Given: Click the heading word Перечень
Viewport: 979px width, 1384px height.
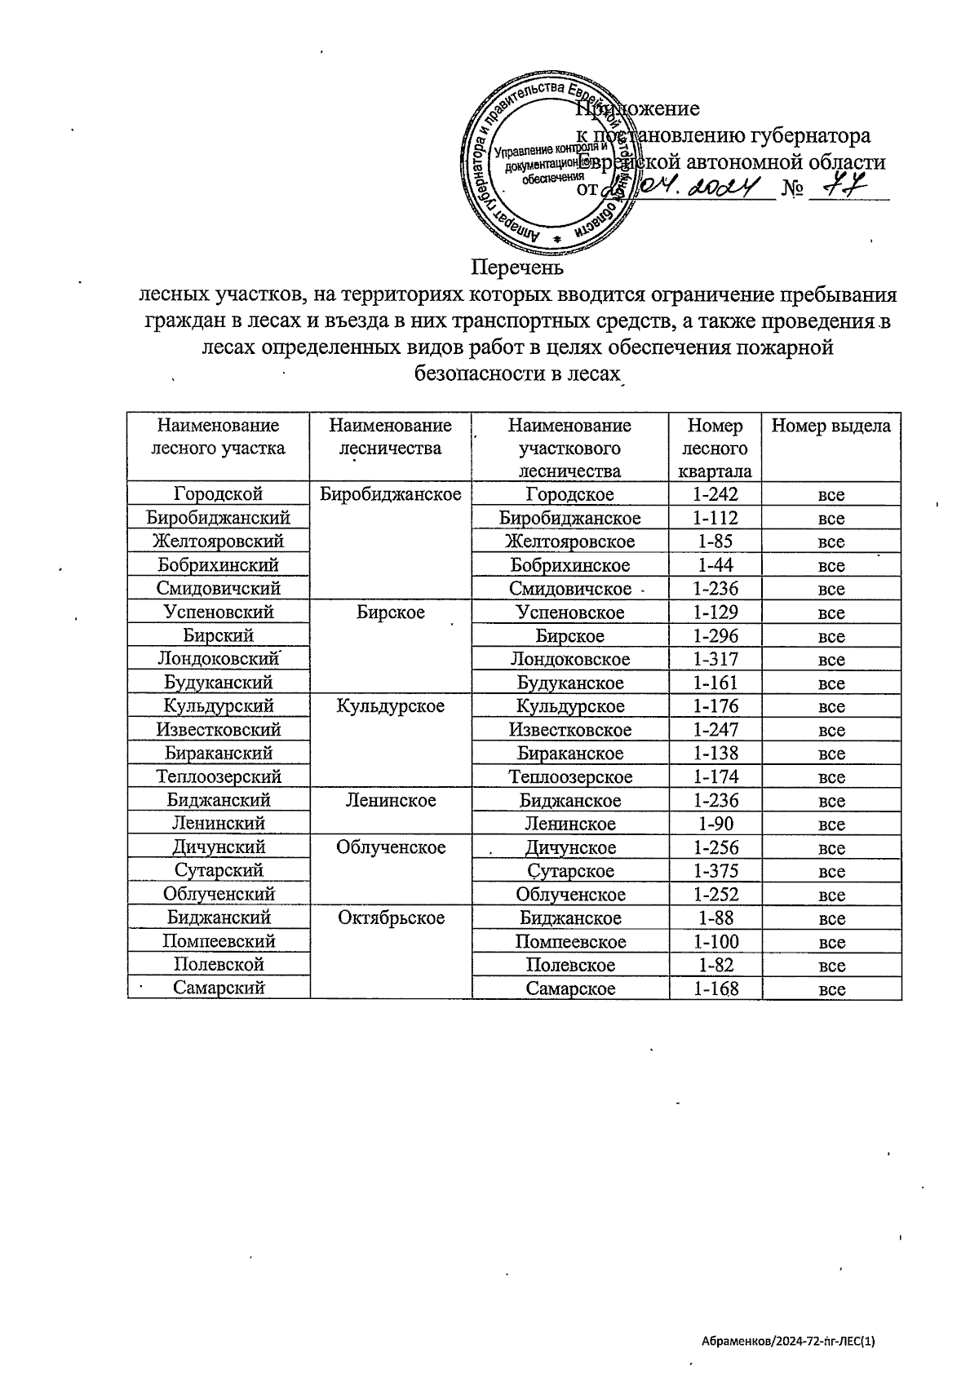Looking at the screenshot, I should [x=518, y=268].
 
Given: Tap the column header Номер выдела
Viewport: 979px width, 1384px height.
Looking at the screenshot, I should [x=831, y=426].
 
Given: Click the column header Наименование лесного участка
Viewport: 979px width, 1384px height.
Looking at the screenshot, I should [x=218, y=436].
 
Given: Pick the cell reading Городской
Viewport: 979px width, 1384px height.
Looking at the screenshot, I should [x=218, y=494].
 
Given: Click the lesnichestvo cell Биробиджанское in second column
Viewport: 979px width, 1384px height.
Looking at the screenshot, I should [x=390, y=494].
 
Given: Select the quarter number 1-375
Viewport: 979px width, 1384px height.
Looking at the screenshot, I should [x=715, y=871].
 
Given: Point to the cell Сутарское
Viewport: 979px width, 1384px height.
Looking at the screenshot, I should [x=570, y=871].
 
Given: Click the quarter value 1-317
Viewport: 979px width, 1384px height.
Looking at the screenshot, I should [x=715, y=659].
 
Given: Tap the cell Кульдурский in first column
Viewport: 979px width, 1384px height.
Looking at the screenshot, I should [x=218, y=706].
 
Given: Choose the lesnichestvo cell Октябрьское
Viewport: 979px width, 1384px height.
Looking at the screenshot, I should [x=390, y=918].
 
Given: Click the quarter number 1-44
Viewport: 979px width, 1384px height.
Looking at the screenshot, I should [x=715, y=565].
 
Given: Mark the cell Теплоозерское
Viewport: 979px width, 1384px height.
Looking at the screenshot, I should [x=570, y=777].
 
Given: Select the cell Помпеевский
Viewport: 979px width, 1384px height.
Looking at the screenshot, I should [x=218, y=942].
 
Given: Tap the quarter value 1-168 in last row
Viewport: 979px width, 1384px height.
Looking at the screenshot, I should [x=715, y=989].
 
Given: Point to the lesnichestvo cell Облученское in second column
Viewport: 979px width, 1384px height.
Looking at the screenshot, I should [x=390, y=848].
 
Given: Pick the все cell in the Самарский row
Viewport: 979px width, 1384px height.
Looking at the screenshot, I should [x=831, y=989].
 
